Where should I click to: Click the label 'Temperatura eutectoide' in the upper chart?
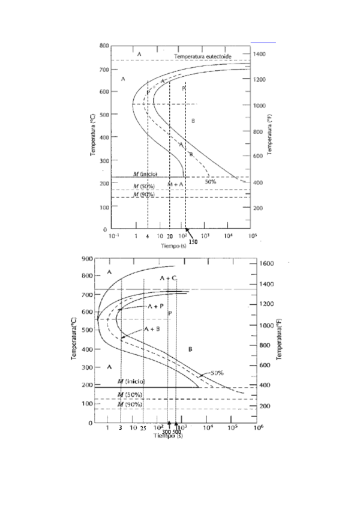point(203,56)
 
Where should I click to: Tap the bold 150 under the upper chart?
point(194,241)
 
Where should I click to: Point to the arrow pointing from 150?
point(188,233)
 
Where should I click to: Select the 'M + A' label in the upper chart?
point(175,184)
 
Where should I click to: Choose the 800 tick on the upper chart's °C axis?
point(103,46)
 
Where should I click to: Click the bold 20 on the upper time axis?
point(170,237)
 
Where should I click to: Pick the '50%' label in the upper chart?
point(210,181)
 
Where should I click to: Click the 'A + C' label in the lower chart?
point(169,279)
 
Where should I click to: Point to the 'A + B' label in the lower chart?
point(151,330)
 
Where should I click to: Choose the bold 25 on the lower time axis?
point(143,429)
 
